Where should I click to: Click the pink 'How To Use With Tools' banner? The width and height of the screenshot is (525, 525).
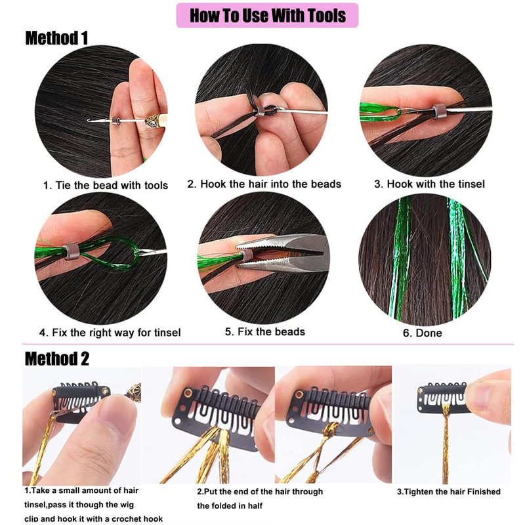[x=267, y=15]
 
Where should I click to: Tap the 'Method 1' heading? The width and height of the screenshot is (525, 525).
[x=56, y=38]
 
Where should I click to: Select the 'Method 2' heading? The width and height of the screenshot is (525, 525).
[x=57, y=358]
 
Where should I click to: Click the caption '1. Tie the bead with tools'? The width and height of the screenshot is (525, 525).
[x=106, y=185]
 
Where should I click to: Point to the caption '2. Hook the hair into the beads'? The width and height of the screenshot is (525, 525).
[x=264, y=184]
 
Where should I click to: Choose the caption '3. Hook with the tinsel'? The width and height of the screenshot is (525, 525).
[x=430, y=184]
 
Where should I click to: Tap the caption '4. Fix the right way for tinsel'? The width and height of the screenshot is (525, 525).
[x=110, y=333]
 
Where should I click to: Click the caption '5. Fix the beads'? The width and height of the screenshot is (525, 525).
[x=265, y=332]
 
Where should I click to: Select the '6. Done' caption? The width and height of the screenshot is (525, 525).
[x=422, y=333]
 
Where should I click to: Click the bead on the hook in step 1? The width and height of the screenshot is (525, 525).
[x=117, y=121]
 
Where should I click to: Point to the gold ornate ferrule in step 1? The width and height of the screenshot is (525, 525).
[x=154, y=121]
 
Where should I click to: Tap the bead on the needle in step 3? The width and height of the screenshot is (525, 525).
[x=439, y=112]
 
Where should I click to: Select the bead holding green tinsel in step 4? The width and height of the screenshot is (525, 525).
[x=71, y=252]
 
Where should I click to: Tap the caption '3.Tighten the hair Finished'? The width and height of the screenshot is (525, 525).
[x=449, y=492]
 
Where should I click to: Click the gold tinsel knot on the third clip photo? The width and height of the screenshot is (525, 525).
[x=331, y=430]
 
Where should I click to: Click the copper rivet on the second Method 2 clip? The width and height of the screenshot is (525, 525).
[x=188, y=393]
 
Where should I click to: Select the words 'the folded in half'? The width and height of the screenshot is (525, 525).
[x=230, y=505]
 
